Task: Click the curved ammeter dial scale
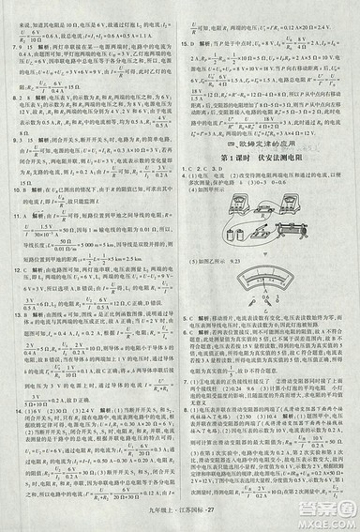pos(271,252)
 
